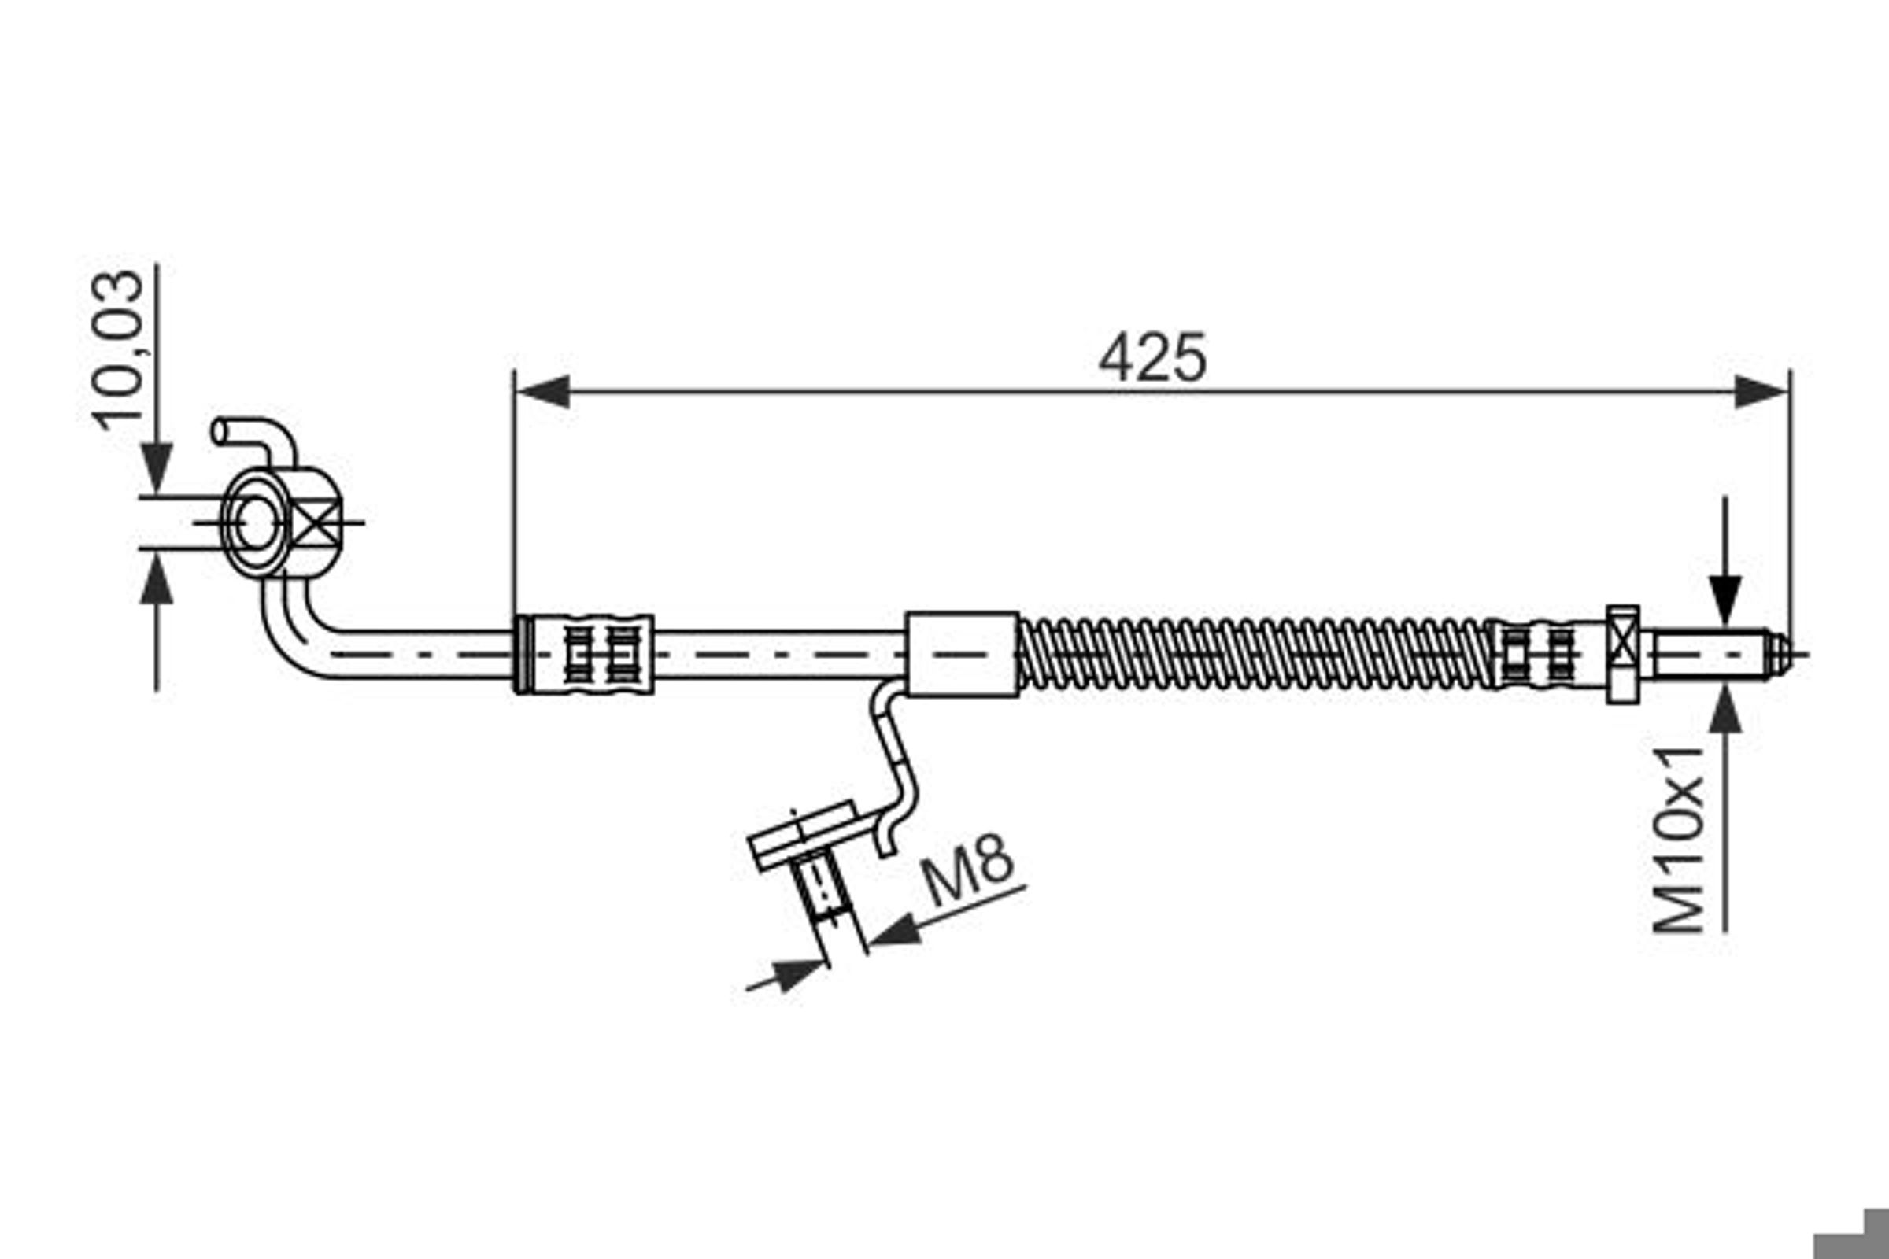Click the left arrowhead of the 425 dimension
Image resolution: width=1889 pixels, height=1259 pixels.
543,392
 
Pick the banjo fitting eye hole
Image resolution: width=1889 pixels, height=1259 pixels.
257,522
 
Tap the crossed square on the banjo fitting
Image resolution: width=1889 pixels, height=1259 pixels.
314,522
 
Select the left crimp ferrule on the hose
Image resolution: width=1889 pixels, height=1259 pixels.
584,655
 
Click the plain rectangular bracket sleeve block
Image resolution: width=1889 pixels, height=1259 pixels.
962,655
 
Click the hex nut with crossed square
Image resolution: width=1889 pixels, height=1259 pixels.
1623,655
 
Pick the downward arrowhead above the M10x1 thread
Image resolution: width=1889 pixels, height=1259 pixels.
1725,600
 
